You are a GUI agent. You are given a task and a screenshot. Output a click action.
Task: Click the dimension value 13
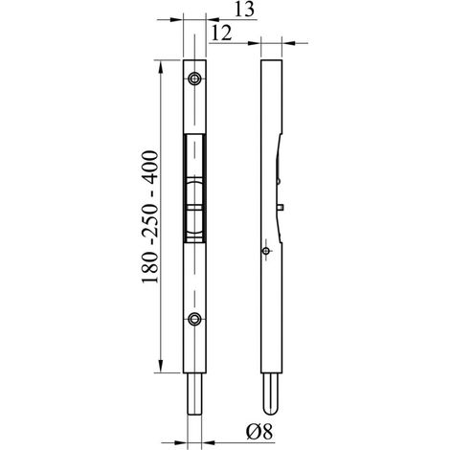(x=245, y=10)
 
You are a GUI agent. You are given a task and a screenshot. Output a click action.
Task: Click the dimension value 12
(x=221, y=34)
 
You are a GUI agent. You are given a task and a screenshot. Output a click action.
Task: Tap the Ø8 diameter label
(x=259, y=432)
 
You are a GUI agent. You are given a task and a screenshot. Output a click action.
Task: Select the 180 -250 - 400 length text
(x=150, y=216)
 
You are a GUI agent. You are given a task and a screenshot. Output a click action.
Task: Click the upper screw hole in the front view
(x=194, y=79)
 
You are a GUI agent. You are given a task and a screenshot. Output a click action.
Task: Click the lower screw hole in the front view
(x=194, y=319)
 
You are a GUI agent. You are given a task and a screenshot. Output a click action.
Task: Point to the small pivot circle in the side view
(x=265, y=251)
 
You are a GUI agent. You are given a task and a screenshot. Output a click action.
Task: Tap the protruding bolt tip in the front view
(x=194, y=394)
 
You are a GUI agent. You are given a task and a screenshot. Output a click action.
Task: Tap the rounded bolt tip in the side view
(x=271, y=394)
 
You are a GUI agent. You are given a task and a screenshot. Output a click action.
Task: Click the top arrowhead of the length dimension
(x=161, y=67)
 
